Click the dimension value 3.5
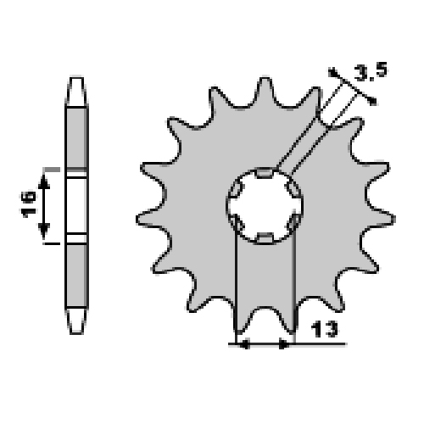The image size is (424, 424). point(371,72)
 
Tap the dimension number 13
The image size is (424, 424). point(324,329)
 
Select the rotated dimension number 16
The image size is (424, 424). point(29,204)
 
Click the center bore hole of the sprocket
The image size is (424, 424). point(265,206)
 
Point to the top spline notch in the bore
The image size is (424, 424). point(265,173)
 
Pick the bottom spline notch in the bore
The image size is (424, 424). point(265,238)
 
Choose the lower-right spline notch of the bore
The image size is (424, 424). point(293,222)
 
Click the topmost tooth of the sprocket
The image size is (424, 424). point(265,91)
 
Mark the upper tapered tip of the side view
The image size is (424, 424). point(76,91)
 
